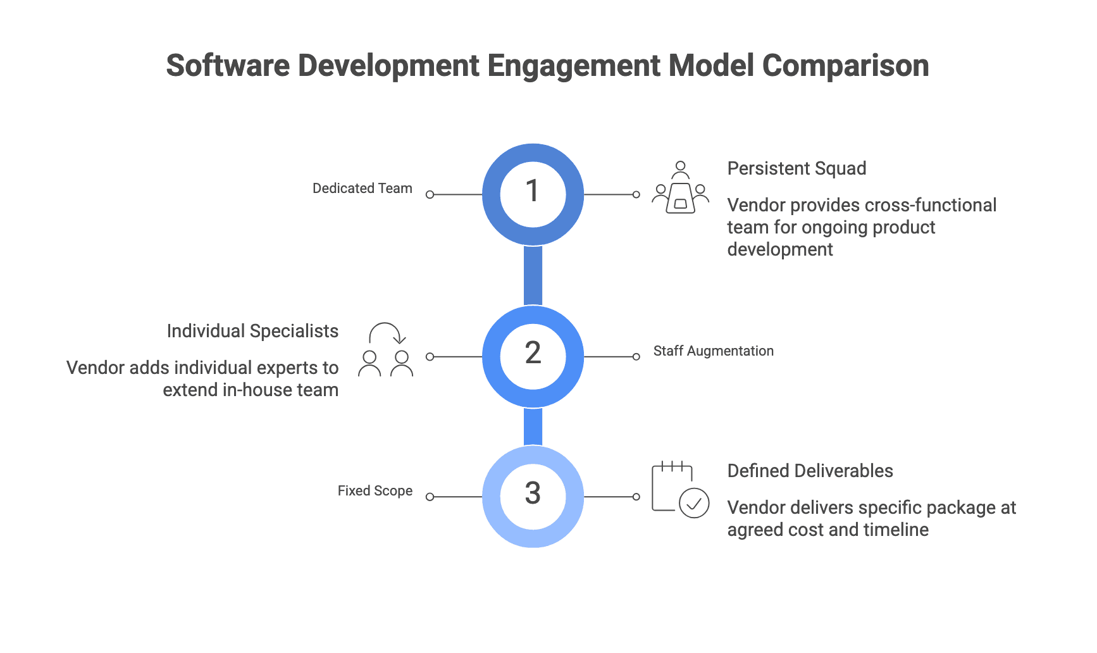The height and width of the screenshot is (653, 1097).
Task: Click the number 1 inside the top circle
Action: click(x=533, y=191)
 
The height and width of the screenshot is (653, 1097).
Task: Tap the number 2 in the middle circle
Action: click(x=533, y=353)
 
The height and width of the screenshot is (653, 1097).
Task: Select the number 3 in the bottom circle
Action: click(x=533, y=494)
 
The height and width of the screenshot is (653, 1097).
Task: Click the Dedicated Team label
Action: click(x=362, y=189)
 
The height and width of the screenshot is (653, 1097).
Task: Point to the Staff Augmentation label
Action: click(x=713, y=351)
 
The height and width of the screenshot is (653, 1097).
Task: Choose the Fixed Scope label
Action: click(x=375, y=491)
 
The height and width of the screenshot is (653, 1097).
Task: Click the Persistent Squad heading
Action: click(x=796, y=168)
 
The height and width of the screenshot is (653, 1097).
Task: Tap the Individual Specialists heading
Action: click(x=252, y=331)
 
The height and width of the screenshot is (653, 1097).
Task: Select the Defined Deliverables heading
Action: click(x=810, y=471)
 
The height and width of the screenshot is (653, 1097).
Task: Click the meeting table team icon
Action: click(x=680, y=188)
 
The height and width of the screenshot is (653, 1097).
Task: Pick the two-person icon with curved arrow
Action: click(x=385, y=351)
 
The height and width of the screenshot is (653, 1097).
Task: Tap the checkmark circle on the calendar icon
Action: click(x=694, y=504)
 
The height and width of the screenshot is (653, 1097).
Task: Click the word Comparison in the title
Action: click(x=845, y=66)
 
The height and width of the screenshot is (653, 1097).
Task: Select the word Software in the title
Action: click(x=228, y=66)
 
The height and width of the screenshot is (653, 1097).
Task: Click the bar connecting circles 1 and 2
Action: click(x=533, y=275)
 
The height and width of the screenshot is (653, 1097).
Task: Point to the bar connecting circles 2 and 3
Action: click(x=533, y=426)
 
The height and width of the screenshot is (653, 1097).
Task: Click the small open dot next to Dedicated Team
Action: click(x=430, y=195)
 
